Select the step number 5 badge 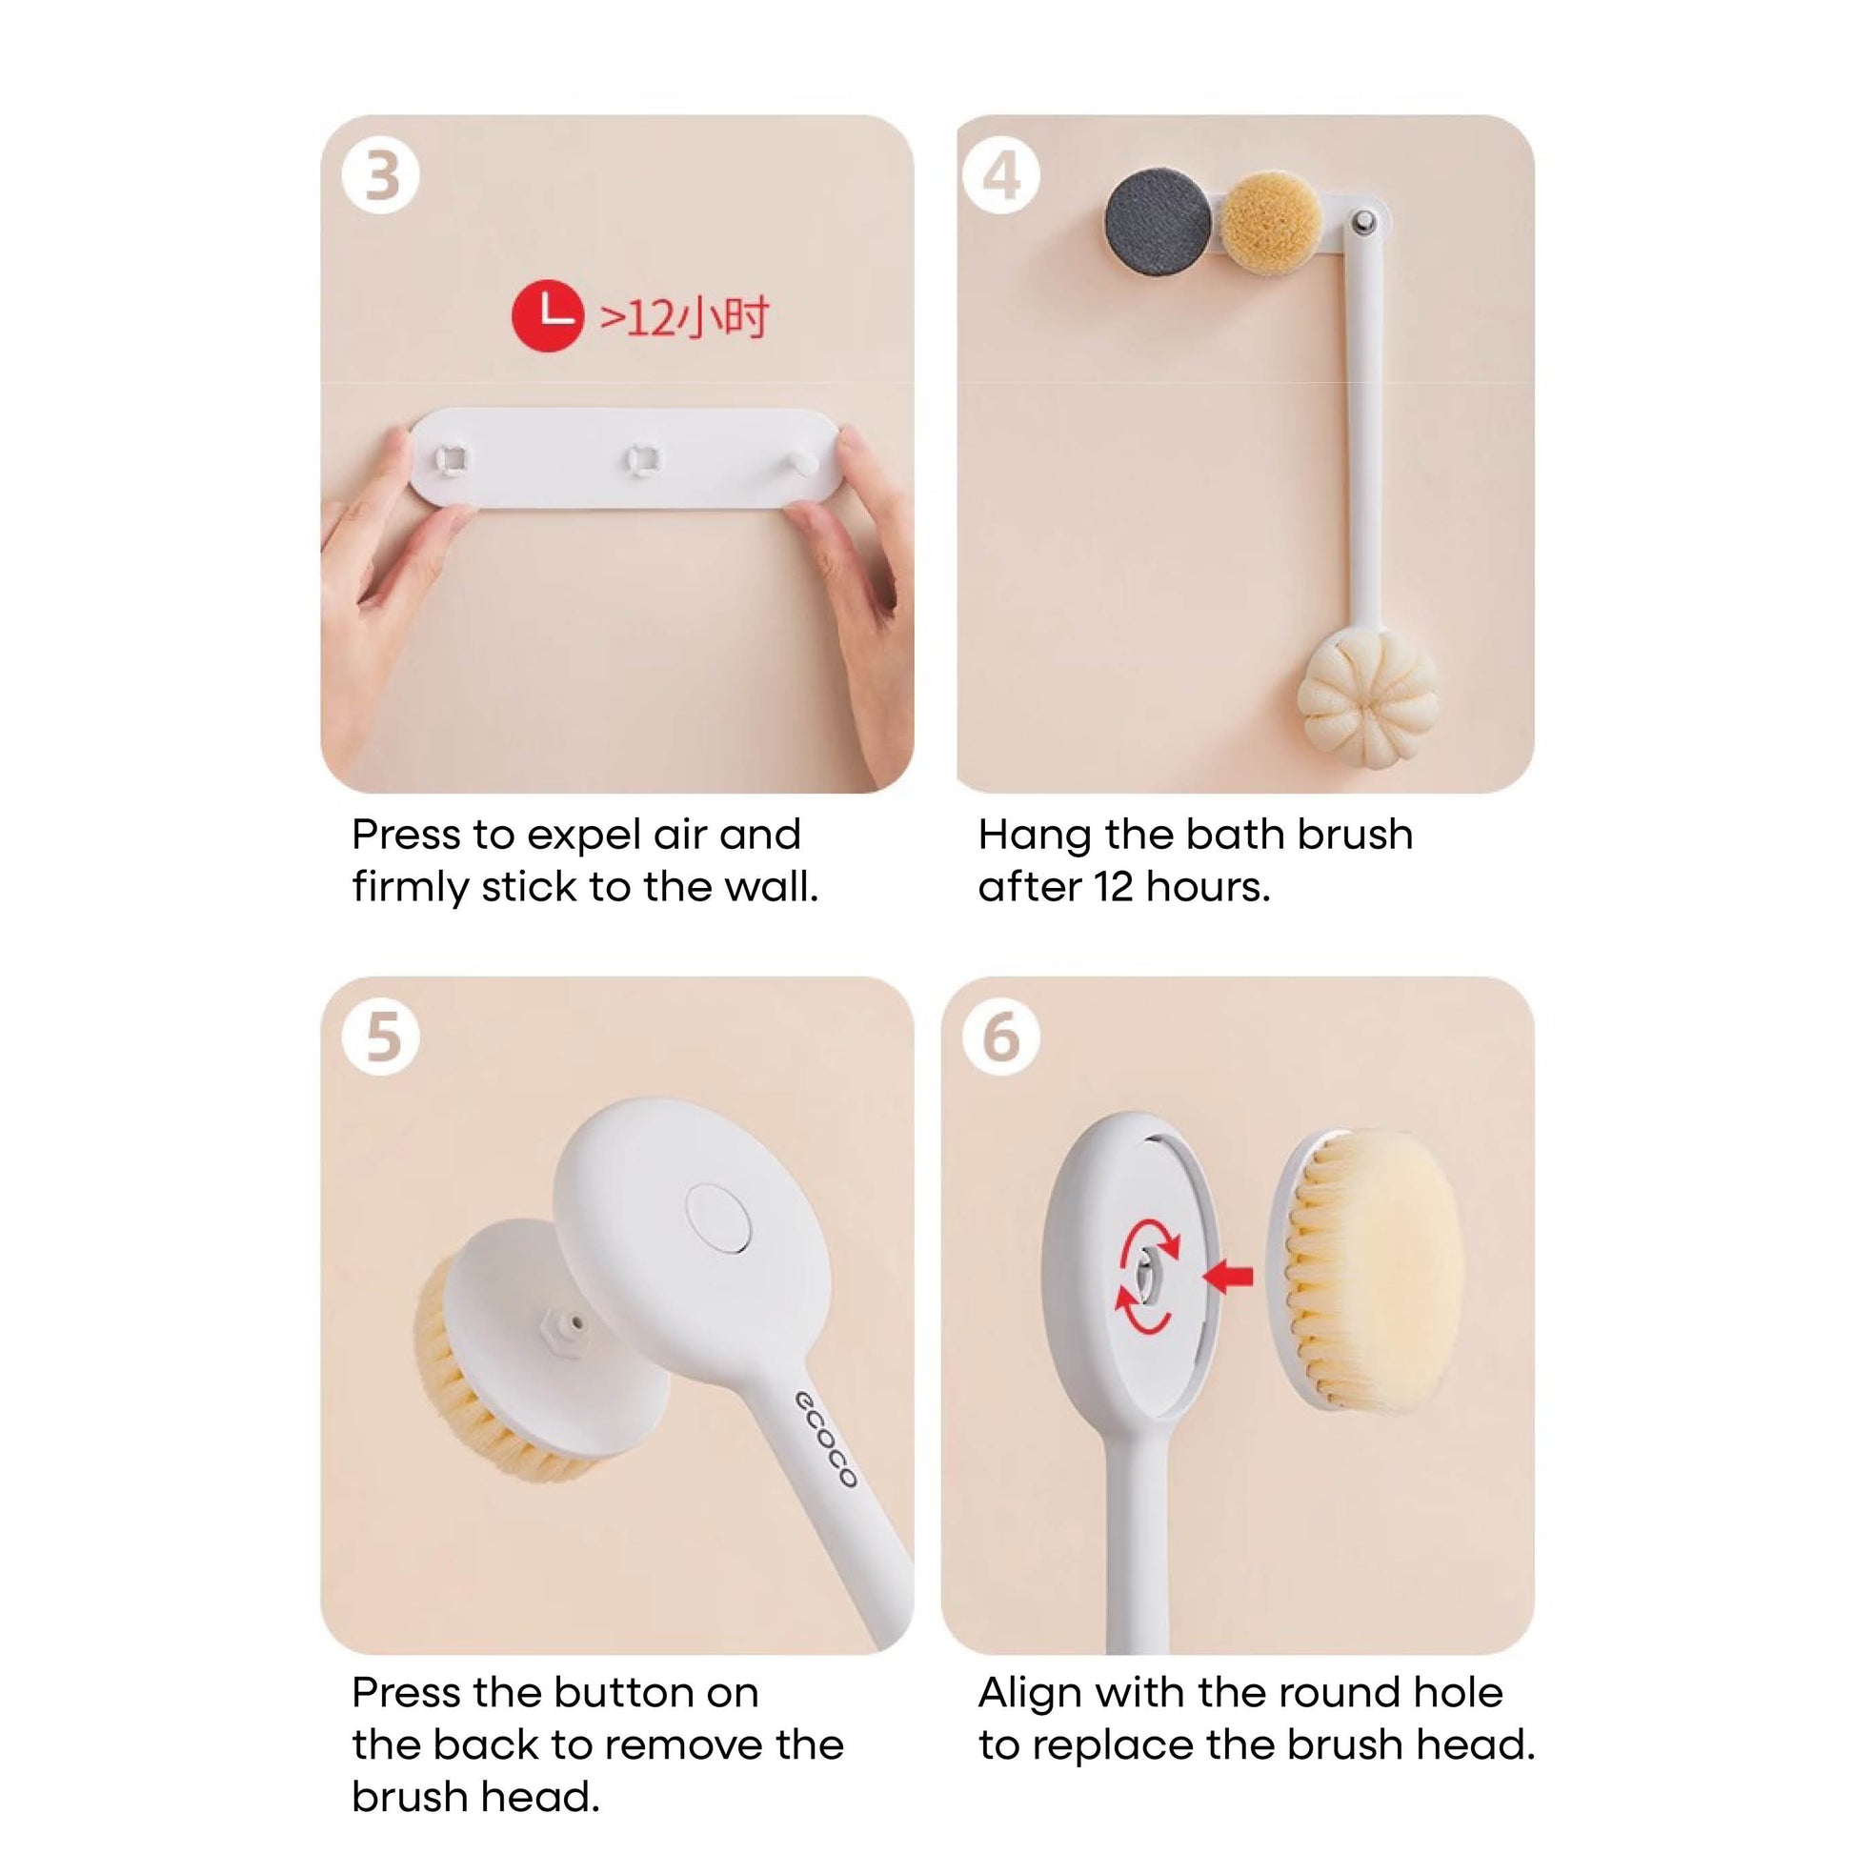coord(381,1038)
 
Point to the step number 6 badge coord(1002,1038)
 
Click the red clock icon coord(548,315)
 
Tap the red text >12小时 coord(684,317)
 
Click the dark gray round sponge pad coord(1159,222)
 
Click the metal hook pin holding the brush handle coord(1362,223)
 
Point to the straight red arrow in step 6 coord(1227,1277)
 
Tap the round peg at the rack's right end coord(802,461)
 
